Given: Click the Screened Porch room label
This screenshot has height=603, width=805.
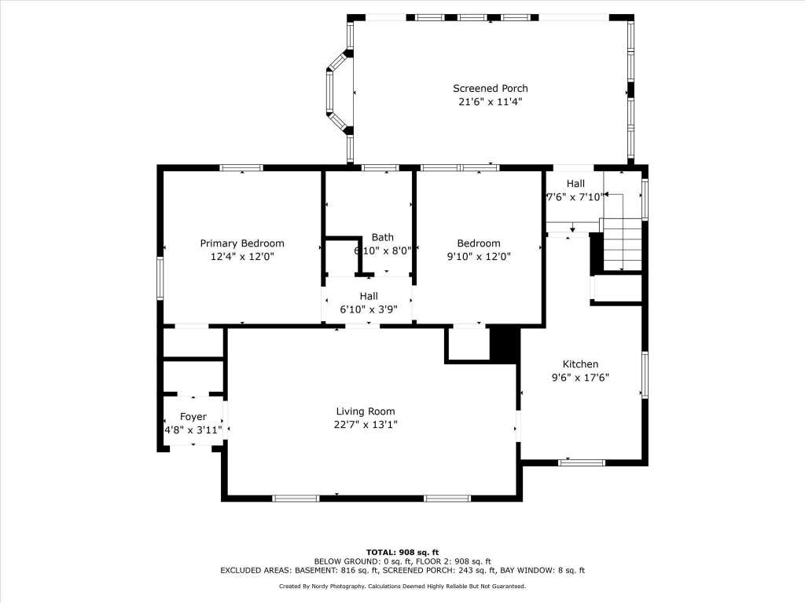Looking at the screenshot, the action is click(491, 88).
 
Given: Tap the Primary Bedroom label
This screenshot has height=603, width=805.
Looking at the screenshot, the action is click(242, 243).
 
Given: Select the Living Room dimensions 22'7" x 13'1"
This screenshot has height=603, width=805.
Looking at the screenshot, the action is click(366, 425).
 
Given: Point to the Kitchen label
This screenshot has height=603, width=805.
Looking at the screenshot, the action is click(580, 364).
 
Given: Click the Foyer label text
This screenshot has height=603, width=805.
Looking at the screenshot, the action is click(193, 417).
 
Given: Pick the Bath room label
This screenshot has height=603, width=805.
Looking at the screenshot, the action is click(383, 237).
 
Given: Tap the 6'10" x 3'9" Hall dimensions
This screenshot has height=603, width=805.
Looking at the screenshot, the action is click(369, 309).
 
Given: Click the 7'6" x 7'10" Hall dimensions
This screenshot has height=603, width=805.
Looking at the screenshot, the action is click(574, 197).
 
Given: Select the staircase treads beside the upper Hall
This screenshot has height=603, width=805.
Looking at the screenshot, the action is click(622, 244).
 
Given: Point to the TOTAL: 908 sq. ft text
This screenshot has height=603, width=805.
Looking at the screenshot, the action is click(402, 552).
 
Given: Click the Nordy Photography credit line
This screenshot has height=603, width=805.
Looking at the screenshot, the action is click(402, 586).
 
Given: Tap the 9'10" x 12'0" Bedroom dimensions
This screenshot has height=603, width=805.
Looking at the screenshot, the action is click(479, 257).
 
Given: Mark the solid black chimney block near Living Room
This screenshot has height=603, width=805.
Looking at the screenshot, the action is click(504, 345).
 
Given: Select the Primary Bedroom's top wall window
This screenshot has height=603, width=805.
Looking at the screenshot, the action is click(241, 168).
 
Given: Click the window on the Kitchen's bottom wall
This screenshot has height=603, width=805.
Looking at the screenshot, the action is click(582, 462).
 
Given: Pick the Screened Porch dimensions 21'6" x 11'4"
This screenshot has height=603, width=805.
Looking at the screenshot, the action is click(491, 101).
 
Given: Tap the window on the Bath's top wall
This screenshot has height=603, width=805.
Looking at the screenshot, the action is click(380, 168).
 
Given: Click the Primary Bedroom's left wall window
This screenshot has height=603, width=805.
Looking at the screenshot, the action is click(160, 278).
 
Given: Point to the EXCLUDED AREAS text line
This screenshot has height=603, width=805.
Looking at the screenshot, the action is click(402, 570).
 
